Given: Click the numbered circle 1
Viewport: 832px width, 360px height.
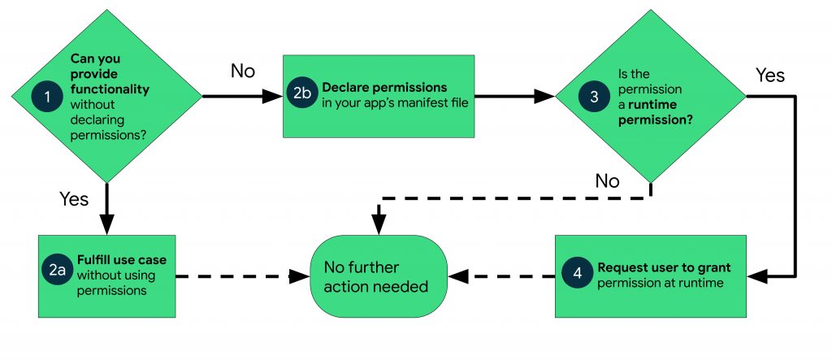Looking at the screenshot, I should [48, 96].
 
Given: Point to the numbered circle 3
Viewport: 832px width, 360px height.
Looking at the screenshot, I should [594, 96].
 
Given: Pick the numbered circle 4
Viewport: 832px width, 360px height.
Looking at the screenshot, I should [578, 275].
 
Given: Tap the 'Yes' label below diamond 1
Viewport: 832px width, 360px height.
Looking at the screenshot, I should [74, 199].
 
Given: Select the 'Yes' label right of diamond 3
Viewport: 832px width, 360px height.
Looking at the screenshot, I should [769, 76].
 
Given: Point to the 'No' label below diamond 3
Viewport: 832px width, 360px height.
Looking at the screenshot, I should [606, 180].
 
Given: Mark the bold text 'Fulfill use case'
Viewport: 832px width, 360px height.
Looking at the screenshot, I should [121, 260].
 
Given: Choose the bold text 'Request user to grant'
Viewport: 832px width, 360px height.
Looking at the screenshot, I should [664, 267].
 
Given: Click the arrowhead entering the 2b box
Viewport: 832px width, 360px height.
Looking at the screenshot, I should [274, 96].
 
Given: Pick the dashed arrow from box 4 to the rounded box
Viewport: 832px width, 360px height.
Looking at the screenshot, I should [504, 276].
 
